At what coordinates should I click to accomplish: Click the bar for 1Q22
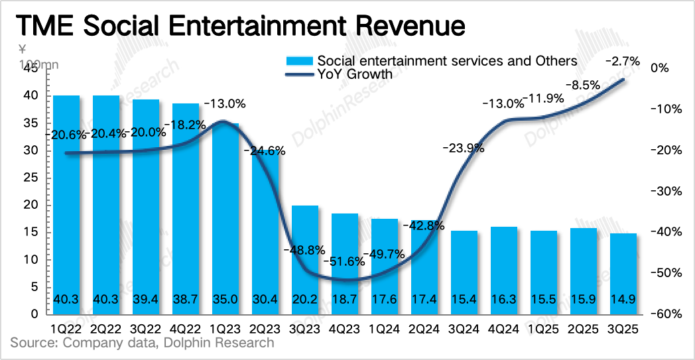pos(66,199)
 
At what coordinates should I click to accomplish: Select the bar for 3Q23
pos(305,259)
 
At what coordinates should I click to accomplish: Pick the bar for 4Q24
pos(504,269)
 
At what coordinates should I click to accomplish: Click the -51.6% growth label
pos(345,261)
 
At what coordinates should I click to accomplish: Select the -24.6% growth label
pos(265,150)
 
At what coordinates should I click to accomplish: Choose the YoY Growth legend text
pos(355,74)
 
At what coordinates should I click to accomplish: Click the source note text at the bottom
pos(142,343)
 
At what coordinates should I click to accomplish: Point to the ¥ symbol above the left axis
pos(22,49)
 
